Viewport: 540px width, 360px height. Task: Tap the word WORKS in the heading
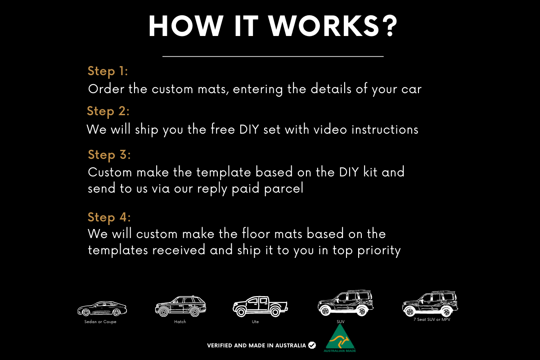pyautogui.click(x=324, y=26)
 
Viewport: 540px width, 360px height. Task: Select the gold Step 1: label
pyautogui.click(x=108, y=71)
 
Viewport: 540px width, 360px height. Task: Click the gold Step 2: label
pyautogui.click(x=108, y=112)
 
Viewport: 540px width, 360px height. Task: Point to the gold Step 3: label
pyautogui.click(x=109, y=155)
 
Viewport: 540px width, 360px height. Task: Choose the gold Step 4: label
pyautogui.click(x=109, y=217)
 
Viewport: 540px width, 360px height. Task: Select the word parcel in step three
pyautogui.click(x=283, y=188)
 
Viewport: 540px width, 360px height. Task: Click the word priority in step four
pyautogui.click(x=379, y=250)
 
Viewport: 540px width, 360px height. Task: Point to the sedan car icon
pyautogui.click(x=102, y=309)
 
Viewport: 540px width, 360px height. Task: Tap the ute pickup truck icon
pyautogui.click(x=261, y=306)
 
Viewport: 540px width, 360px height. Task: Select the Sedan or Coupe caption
pyautogui.click(x=100, y=322)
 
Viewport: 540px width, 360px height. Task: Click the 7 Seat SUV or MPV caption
pyautogui.click(x=432, y=319)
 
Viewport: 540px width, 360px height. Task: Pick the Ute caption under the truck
pyautogui.click(x=255, y=322)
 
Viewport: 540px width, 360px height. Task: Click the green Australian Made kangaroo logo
pyautogui.click(x=340, y=338)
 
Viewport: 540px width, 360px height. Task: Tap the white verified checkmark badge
pyautogui.click(x=312, y=345)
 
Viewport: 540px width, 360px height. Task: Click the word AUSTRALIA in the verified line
pyautogui.click(x=291, y=346)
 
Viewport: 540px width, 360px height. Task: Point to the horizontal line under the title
pyautogui.click(x=273, y=56)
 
